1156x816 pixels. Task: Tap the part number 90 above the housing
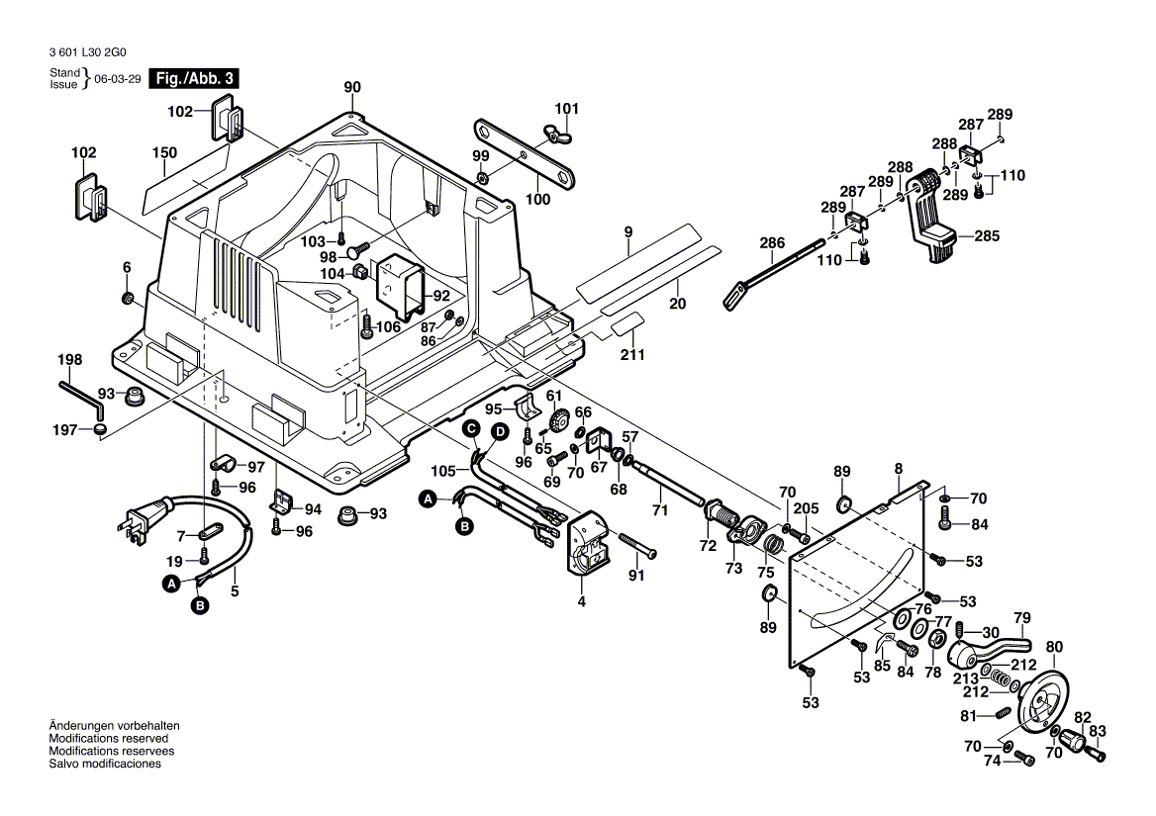[352, 87]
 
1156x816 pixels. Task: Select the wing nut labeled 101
[546, 130]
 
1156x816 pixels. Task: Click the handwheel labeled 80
[1044, 697]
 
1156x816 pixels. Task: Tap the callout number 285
[987, 236]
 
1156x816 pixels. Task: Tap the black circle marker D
[501, 431]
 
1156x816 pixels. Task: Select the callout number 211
[632, 355]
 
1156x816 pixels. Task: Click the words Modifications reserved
[108, 739]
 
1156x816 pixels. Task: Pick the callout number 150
[164, 153]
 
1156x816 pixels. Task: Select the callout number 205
[807, 507]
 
